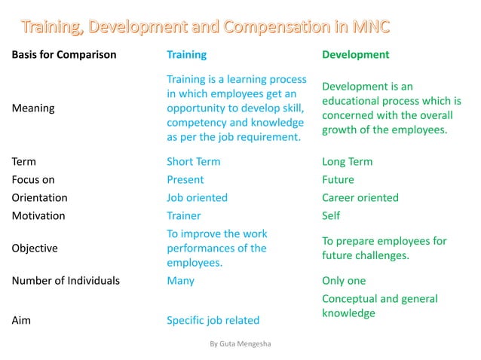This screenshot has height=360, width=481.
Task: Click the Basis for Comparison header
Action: (x=65, y=54)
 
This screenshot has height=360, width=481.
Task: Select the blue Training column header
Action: (x=186, y=54)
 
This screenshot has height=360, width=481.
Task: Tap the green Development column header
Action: (x=356, y=54)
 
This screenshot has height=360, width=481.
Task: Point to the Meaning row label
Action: (x=34, y=108)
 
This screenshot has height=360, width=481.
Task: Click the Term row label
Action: (x=24, y=161)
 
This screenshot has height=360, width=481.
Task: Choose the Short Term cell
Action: (x=194, y=161)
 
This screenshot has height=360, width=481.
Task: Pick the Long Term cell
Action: (x=347, y=161)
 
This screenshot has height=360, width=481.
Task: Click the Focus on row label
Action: (x=33, y=179)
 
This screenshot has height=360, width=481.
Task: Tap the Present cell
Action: (x=185, y=179)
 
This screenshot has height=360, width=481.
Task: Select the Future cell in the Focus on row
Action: (x=338, y=179)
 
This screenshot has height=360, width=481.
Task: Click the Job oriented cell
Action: (x=197, y=197)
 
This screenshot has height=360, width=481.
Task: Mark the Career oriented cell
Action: (x=360, y=197)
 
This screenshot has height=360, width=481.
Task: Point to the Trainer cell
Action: (x=184, y=215)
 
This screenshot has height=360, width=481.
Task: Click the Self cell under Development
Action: (x=331, y=215)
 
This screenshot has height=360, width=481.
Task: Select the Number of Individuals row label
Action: (x=66, y=280)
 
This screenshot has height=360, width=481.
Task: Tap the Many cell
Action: (x=180, y=280)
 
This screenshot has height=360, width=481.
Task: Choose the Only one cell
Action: (x=344, y=280)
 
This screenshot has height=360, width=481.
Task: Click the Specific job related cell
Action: (x=213, y=321)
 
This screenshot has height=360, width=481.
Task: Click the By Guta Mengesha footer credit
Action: (x=240, y=343)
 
